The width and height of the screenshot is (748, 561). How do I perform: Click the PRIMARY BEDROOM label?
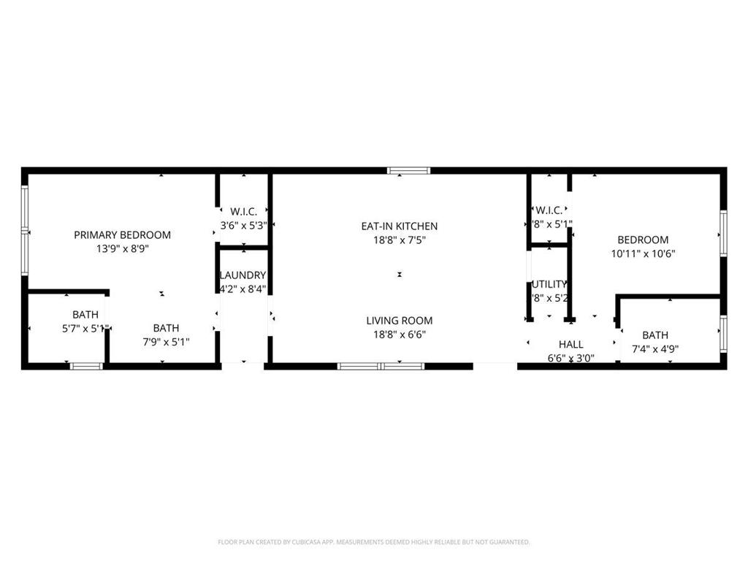coord(122,234)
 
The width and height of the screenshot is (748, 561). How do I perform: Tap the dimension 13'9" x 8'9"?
coord(122,248)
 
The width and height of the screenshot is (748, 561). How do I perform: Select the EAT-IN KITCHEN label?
coord(400,226)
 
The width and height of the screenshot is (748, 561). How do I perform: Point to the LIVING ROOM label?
coord(400,320)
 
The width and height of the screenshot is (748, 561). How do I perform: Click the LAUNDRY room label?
coord(243,275)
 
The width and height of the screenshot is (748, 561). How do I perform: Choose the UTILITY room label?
coord(549,284)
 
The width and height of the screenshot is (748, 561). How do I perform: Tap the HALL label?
coord(571,344)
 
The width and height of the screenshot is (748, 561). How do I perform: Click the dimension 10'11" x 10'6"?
coord(643,253)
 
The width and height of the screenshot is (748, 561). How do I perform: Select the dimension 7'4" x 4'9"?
coord(655,349)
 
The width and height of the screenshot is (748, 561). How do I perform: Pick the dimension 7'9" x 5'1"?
coord(166,342)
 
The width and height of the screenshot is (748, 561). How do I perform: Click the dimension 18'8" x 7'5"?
coord(400,240)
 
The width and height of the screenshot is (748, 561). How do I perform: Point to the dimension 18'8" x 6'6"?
coord(400,334)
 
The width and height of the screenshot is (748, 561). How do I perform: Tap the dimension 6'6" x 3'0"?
coord(571,358)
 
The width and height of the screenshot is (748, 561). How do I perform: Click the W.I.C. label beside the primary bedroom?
coord(243,211)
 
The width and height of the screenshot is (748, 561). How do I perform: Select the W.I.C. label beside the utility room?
coord(549,210)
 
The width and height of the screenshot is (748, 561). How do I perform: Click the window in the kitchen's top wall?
coord(409,171)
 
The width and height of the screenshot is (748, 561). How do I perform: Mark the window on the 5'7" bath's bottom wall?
coord(86,365)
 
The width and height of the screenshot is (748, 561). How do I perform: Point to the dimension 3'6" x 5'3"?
coord(243,225)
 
